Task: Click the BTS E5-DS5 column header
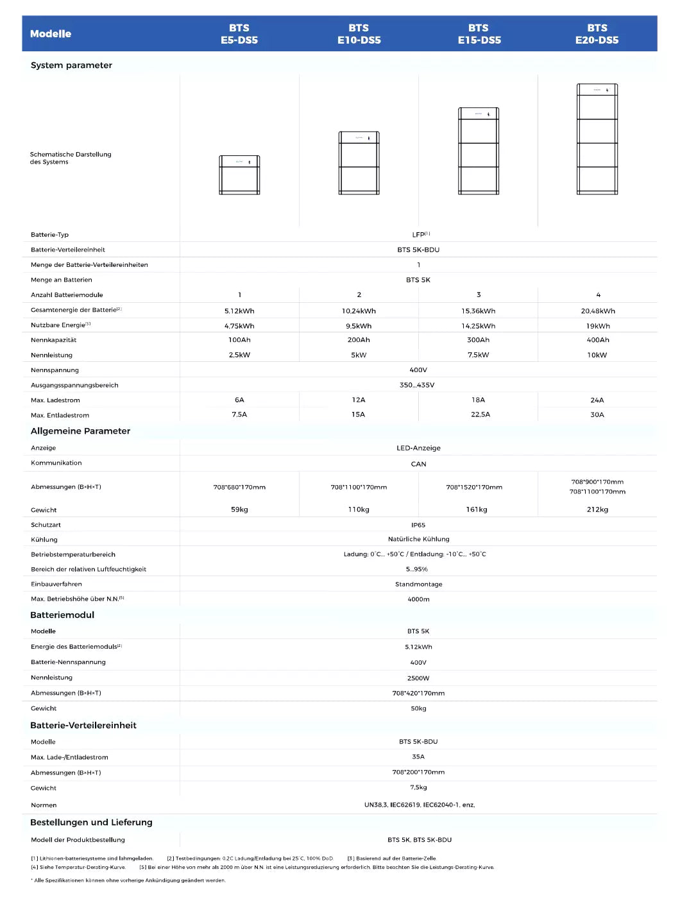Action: click(239, 34)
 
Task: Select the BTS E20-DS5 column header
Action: click(597, 34)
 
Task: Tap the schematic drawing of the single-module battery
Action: click(239, 175)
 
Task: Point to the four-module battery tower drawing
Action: click(597, 139)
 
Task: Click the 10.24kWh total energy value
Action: click(359, 311)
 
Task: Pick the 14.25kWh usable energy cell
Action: click(478, 326)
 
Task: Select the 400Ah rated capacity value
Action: click(598, 340)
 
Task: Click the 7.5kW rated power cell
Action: click(478, 355)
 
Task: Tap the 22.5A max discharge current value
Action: click(480, 414)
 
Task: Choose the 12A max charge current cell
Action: click(359, 400)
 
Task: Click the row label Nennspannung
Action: click(55, 370)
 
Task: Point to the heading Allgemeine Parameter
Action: click(80, 431)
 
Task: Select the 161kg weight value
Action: click(477, 509)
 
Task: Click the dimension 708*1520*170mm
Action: click(474, 487)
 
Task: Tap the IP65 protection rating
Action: click(418, 525)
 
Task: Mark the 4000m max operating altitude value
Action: click(418, 599)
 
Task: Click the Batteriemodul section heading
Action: click(62, 615)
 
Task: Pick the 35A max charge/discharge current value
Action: click(418, 757)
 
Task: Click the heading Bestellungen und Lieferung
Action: click(91, 823)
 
